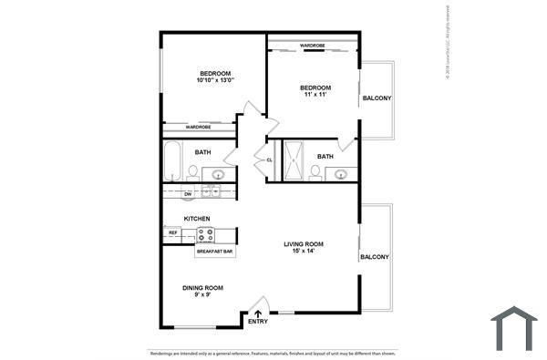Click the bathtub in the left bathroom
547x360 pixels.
(x=173, y=160)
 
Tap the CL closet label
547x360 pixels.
(x=269, y=161)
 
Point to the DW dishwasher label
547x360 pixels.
(x=188, y=194)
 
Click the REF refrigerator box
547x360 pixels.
(x=172, y=233)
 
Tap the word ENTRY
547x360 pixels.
(x=257, y=322)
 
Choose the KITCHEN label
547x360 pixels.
(x=197, y=219)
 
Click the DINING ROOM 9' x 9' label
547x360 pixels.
(x=202, y=291)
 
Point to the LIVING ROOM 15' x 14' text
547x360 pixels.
(x=304, y=248)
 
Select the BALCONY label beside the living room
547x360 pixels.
(x=374, y=257)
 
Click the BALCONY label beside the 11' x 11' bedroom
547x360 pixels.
(x=377, y=98)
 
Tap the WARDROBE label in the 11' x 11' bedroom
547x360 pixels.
(x=313, y=45)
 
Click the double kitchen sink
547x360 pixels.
(x=211, y=191)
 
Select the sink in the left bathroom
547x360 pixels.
(x=219, y=173)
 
